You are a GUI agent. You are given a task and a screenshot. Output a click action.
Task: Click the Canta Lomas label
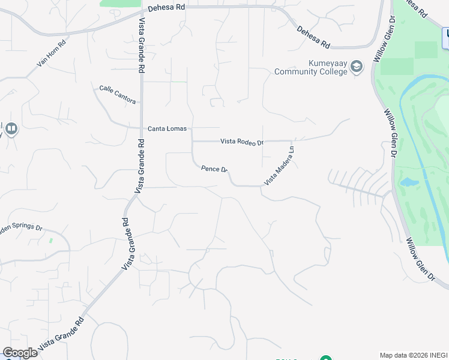[167, 129]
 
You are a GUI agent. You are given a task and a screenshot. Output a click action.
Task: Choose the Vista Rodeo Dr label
[242, 142]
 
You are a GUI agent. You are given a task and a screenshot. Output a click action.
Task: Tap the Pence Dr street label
[214, 169]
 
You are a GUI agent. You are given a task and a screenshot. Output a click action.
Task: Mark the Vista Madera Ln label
[280, 166]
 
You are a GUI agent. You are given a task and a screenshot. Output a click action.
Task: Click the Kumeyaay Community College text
[311, 67]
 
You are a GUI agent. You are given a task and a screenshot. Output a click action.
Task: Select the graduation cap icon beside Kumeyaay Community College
[357, 67]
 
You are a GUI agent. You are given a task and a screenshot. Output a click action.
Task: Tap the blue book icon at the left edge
[11, 128]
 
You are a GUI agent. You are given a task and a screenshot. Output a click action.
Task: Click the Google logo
[20, 353]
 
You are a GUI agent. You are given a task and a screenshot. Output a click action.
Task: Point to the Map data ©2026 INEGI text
[413, 355]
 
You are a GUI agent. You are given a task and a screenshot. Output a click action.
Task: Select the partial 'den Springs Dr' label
[22, 228]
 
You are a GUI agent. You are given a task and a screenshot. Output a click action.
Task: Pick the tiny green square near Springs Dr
[50, 241]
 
